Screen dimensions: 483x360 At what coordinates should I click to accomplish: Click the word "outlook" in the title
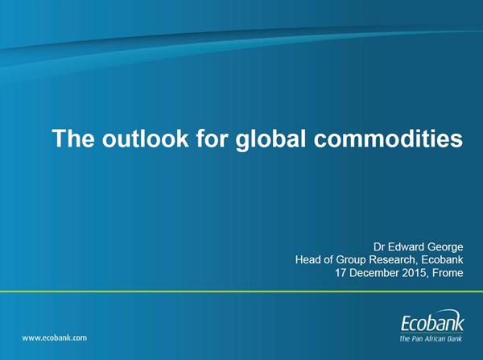[x=145, y=138]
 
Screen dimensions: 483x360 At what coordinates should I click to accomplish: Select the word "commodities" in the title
[x=388, y=138]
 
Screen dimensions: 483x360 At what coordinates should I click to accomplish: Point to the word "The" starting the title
[x=73, y=138]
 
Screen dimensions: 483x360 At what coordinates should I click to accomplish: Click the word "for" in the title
[x=212, y=138]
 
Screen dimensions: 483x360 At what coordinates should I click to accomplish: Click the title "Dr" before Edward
[x=378, y=247]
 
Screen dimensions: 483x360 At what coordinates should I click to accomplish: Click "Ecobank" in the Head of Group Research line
[x=442, y=260]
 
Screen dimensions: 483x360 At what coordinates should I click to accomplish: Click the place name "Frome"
[x=448, y=273]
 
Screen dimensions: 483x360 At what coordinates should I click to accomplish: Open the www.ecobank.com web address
[x=55, y=337]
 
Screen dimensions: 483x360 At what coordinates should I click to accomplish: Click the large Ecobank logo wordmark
[x=431, y=323]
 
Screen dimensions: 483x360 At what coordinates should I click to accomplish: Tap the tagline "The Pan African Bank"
[x=431, y=339]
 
